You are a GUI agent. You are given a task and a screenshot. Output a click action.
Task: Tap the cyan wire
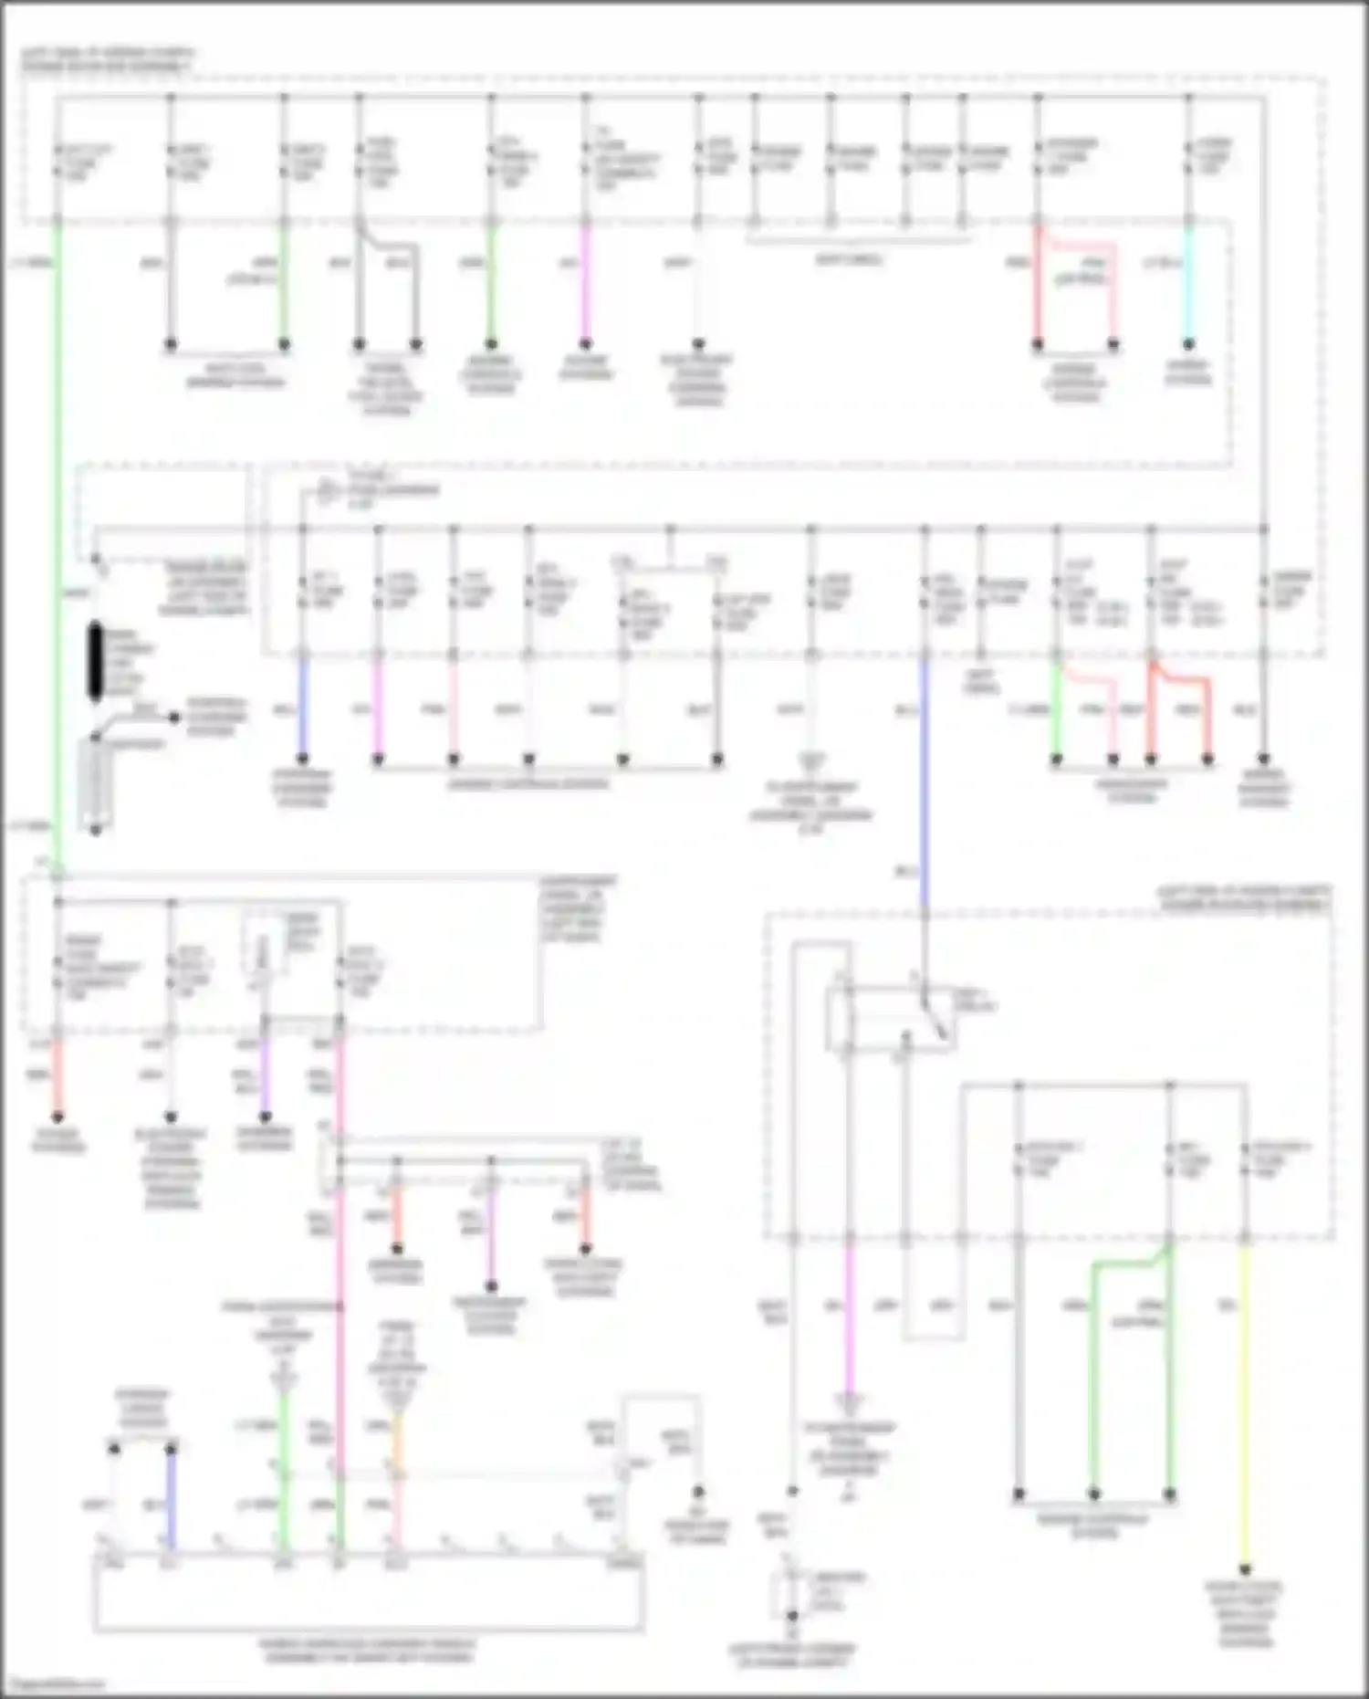click(1188, 283)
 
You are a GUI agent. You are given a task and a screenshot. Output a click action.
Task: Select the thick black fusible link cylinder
click(96, 662)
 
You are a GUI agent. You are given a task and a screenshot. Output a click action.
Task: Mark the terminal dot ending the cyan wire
click(1188, 345)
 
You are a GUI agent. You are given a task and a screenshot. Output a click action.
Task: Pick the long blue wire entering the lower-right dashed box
click(925, 785)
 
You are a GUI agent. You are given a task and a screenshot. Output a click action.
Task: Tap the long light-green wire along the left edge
click(57, 548)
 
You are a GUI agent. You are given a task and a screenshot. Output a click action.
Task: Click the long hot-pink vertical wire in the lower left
click(340, 1278)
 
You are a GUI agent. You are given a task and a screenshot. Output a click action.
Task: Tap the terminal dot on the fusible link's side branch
click(174, 718)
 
